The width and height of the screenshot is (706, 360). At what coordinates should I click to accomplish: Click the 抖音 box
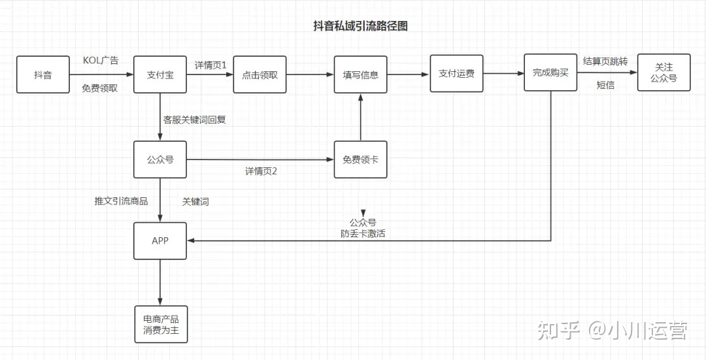tap(43, 74)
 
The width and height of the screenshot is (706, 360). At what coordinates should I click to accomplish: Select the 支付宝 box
tap(160, 74)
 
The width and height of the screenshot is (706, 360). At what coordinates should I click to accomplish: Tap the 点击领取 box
tap(260, 74)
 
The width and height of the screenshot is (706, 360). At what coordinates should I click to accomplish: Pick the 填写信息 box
tap(360, 74)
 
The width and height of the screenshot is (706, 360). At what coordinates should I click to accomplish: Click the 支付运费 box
tap(456, 73)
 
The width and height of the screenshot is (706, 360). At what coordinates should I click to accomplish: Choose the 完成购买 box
tap(550, 73)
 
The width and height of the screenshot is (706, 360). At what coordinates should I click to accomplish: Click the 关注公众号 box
tap(664, 73)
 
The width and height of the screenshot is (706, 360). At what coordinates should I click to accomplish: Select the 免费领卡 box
tap(360, 159)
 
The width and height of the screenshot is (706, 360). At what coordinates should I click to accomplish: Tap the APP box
tap(160, 241)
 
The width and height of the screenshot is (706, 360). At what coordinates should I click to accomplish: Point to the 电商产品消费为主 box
tap(160, 325)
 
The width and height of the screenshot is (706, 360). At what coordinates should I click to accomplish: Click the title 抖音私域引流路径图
tap(361, 26)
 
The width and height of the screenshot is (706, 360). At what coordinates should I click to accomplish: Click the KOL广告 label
tap(101, 61)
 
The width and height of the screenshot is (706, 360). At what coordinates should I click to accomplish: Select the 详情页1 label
tap(210, 65)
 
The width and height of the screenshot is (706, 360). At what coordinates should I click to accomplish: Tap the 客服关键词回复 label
tap(194, 120)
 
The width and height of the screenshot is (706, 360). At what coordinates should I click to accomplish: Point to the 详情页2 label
tap(261, 171)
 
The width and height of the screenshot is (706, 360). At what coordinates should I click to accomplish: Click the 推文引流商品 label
tap(121, 201)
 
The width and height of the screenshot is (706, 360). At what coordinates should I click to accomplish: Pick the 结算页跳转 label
tap(605, 61)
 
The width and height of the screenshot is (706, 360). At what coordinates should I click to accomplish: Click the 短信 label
tap(605, 85)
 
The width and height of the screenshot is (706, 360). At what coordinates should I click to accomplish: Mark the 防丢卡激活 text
tap(363, 233)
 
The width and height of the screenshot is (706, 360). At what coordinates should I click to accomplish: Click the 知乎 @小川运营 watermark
tap(611, 331)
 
